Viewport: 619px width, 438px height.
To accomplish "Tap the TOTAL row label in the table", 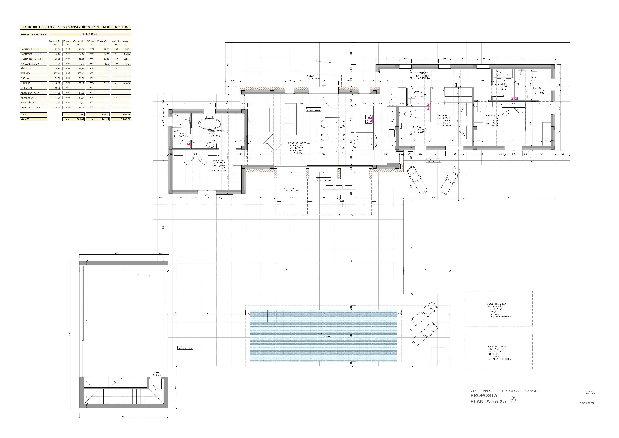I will [x=24, y=114].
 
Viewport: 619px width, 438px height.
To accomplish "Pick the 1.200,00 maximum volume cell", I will [x=126, y=119].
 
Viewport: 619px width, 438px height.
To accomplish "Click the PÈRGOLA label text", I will [x=289, y=188].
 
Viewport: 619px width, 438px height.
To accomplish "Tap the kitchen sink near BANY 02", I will [x=392, y=133].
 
